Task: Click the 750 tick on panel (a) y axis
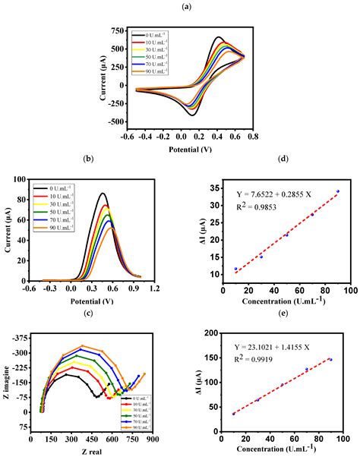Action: tap(115, 30)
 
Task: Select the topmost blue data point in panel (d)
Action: tap(338, 191)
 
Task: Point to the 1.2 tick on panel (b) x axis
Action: tap(154, 288)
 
